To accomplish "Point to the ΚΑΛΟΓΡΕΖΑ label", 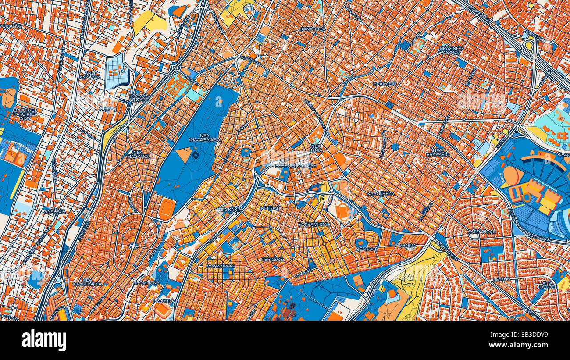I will coord(381,193).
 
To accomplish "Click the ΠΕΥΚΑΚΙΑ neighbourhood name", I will coord(230,210).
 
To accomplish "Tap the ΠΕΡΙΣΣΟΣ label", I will coord(272,259).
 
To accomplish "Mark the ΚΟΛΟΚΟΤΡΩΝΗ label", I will coord(220,266).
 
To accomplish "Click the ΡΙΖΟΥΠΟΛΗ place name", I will coord(165,301).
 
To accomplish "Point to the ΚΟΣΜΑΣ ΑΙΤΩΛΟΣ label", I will coord(139,97).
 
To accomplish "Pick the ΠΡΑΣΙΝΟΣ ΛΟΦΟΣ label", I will coord(451,50).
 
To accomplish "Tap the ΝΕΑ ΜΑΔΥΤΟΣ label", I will coord(139,153).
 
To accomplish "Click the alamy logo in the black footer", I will coord(44,340).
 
